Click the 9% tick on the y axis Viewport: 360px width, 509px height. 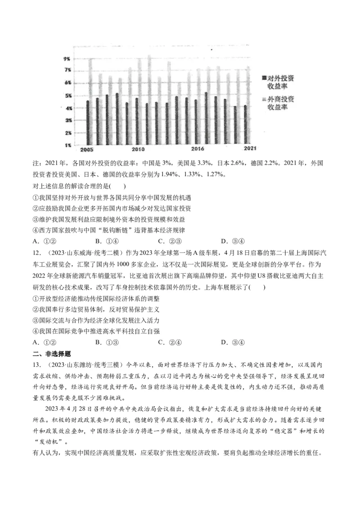66,59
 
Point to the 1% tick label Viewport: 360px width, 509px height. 66,145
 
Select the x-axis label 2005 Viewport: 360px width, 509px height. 86,149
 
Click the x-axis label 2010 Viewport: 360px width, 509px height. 138,149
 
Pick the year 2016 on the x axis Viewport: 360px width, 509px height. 198,149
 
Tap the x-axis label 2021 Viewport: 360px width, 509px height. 250,148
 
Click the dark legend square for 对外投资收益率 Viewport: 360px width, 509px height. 264,78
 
